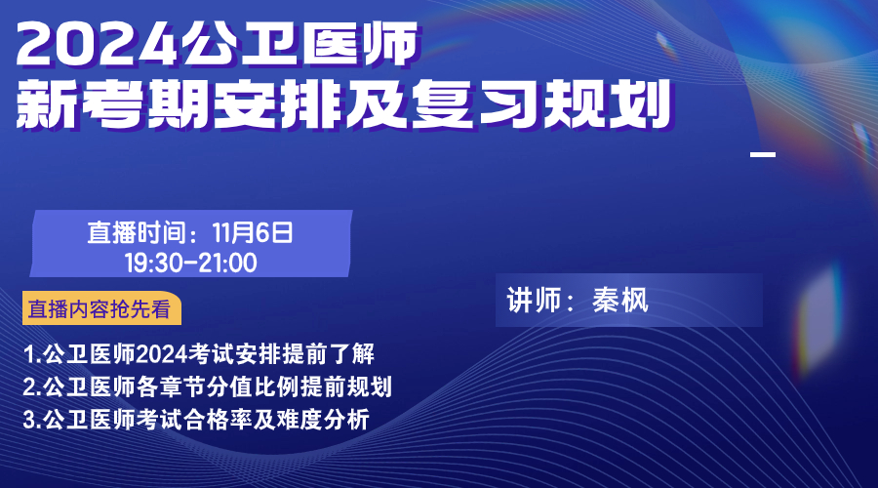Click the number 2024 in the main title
[x=97, y=44]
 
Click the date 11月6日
[x=253, y=232]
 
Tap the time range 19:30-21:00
[x=191, y=263]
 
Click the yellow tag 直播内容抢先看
[x=101, y=308]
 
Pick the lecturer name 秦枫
[x=619, y=301]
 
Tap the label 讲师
[x=535, y=301]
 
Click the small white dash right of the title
[x=763, y=154]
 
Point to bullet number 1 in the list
[x=29, y=354]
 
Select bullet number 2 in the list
[x=29, y=387]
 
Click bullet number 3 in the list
[x=29, y=420]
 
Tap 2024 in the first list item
[x=162, y=354]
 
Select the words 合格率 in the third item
[x=219, y=420]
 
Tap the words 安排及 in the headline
[x=310, y=103]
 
